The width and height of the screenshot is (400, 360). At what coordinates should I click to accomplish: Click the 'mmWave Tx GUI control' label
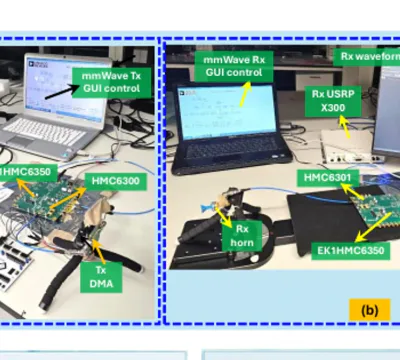click(x=112, y=82)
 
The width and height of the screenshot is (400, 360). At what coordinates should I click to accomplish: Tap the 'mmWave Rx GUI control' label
click(x=234, y=66)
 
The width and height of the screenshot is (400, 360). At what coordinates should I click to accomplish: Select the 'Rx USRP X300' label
click(x=333, y=101)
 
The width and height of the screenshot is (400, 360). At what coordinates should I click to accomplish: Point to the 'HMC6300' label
click(x=115, y=181)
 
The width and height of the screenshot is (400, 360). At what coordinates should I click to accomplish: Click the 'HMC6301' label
click(x=328, y=178)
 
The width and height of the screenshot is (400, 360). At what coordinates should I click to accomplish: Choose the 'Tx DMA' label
click(x=101, y=277)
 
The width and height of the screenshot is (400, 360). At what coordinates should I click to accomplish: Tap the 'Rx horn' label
click(x=242, y=236)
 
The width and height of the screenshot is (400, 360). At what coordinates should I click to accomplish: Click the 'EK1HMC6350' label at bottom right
click(x=351, y=251)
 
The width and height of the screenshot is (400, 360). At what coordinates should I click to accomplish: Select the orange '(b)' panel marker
click(x=370, y=310)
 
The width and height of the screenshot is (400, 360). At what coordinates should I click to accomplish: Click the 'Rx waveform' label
click(x=367, y=57)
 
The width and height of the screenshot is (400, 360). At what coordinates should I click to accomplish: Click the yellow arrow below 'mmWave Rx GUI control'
click(x=245, y=93)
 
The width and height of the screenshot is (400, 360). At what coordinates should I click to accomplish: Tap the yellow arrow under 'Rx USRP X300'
click(x=344, y=126)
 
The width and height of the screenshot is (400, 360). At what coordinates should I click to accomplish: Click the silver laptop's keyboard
click(x=45, y=131)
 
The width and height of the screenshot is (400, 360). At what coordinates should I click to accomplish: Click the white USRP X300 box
click(x=348, y=146)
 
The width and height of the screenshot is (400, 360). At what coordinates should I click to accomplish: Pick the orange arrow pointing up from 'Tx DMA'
click(x=98, y=251)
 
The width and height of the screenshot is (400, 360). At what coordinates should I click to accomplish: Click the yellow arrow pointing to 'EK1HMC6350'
click(x=373, y=226)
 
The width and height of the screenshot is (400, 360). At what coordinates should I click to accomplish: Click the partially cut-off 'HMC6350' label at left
click(x=29, y=172)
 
